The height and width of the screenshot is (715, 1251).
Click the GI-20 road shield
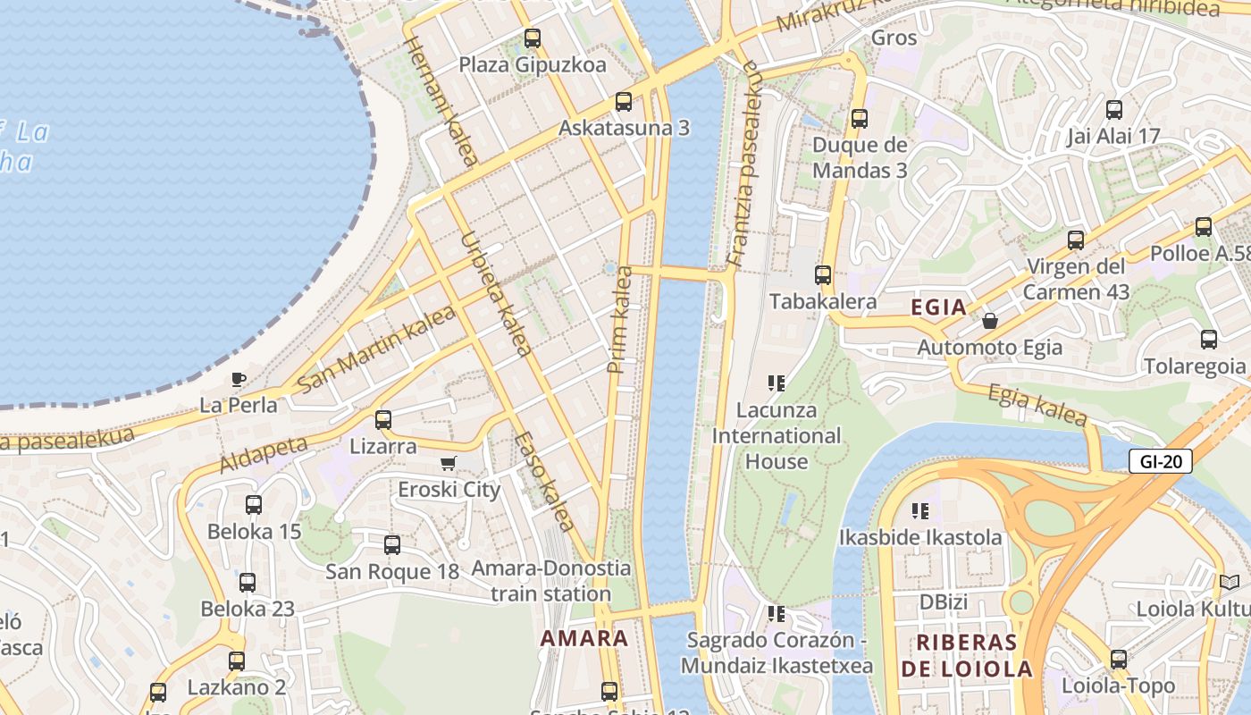tap(1160, 461)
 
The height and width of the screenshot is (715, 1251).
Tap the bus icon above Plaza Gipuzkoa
tap(533, 38)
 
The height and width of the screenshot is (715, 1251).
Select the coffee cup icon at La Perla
tap(239, 379)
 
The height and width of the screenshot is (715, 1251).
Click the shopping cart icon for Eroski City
tap(449, 463)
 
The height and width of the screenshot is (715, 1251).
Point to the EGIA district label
tap(938, 307)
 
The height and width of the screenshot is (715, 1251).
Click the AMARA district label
tap(584, 639)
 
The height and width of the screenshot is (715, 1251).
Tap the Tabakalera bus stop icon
tap(823, 275)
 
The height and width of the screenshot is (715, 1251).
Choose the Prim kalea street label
tap(619, 320)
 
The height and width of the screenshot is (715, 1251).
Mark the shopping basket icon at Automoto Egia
tap(990, 320)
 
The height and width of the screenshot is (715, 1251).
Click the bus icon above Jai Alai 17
tap(1114, 110)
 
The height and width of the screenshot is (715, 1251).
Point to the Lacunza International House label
tap(777, 436)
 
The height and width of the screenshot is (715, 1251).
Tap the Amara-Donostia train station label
tap(550, 581)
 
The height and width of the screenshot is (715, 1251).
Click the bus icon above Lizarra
tap(383, 419)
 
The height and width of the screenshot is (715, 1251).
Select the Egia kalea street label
tap(1037, 404)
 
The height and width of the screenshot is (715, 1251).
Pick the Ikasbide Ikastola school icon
tap(920, 511)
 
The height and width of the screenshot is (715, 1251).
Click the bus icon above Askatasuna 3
tap(624, 102)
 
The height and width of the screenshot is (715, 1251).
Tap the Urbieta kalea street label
tap(496, 295)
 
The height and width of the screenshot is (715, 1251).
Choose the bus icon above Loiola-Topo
tap(1119, 660)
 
